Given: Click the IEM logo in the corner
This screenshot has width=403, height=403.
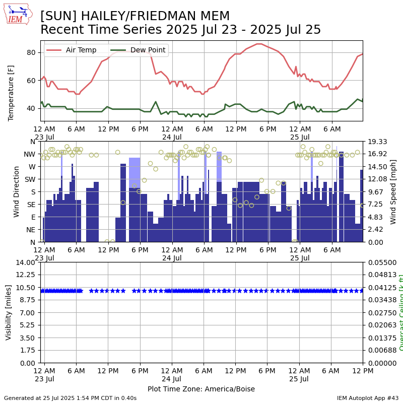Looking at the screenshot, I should click(x=18, y=14).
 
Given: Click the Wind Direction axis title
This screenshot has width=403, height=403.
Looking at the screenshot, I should click(x=17, y=191).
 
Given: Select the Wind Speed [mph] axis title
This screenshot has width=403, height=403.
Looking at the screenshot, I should click(x=393, y=191).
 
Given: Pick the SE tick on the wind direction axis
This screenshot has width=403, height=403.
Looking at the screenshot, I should click(x=32, y=205).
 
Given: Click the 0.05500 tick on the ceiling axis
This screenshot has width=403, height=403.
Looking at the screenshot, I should click(x=381, y=262).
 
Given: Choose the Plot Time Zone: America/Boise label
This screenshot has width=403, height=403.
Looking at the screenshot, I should click(x=201, y=389).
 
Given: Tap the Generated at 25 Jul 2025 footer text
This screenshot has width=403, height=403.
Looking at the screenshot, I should click(x=70, y=398).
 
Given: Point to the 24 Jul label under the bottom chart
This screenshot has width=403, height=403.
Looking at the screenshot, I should click(x=172, y=379).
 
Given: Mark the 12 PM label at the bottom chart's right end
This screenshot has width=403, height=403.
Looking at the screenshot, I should click(x=362, y=371).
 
